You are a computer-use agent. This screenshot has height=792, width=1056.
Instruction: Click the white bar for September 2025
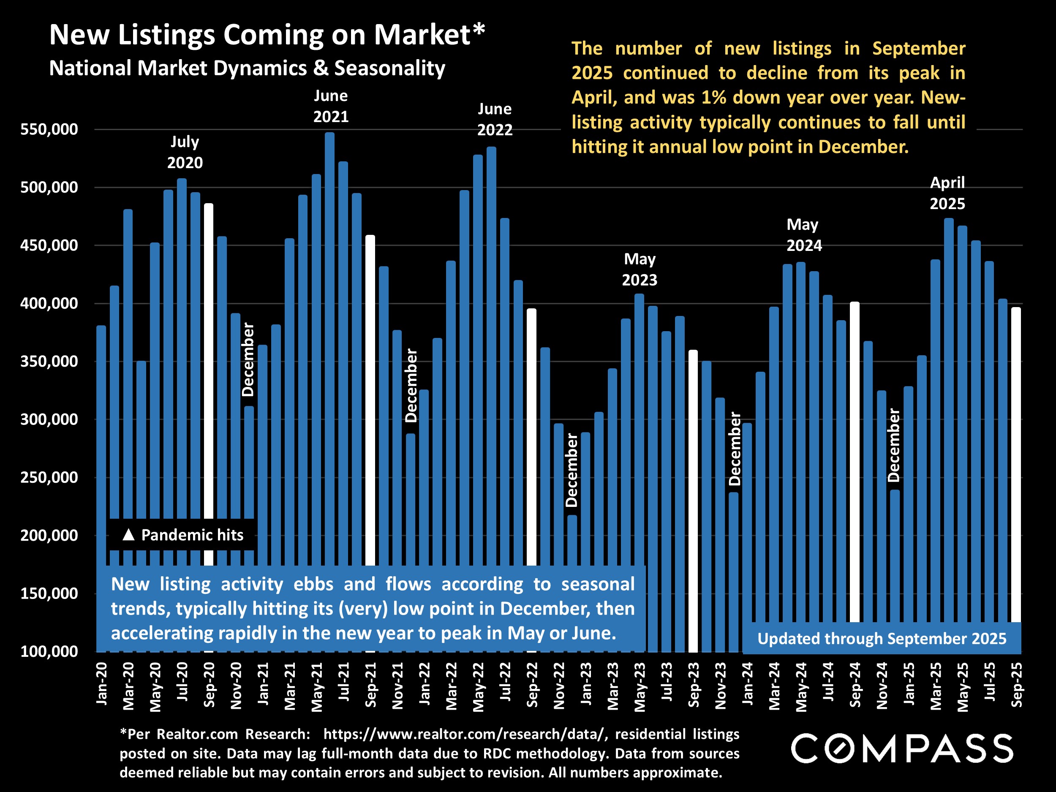tap(1016, 463)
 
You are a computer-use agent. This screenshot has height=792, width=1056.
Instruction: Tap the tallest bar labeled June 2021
tap(329, 334)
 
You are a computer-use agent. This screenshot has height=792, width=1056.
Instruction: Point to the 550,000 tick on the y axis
tap(49, 129)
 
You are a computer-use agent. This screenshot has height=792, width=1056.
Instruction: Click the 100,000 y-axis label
tap(49, 652)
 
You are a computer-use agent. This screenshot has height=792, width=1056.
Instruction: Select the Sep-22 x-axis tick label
tap(532, 685)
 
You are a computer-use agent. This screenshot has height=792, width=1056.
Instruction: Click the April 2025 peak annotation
tap(947, 193)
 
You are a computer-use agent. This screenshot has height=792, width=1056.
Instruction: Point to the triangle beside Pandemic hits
tap(128, 535)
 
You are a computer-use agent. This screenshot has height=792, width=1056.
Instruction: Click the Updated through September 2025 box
tap(882, 639)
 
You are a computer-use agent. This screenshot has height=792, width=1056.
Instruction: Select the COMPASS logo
tap(902, 748)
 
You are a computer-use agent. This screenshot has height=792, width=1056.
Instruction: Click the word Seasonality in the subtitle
tap(389, 68)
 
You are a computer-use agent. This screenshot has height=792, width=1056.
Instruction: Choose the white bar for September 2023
tap(693, 501)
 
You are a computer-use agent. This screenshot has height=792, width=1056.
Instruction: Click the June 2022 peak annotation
tap(495, 120)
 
